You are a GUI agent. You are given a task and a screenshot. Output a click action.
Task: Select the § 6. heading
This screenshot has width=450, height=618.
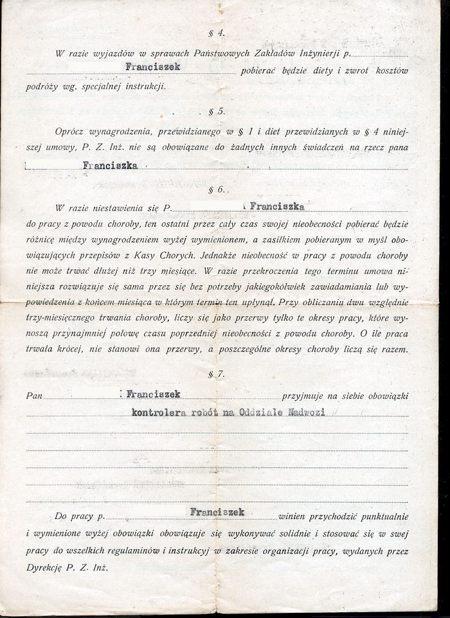tap(217, 191)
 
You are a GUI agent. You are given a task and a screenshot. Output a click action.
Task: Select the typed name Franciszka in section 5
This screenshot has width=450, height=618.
tap(111, 165)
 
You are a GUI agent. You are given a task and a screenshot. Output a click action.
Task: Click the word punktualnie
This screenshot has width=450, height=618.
tap(382, 516)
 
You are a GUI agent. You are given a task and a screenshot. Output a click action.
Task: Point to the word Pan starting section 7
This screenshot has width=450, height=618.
tap(35, 396)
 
